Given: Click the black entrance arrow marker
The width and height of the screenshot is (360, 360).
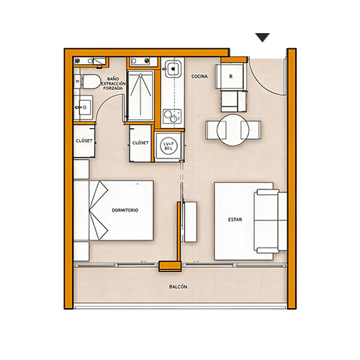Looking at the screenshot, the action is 262,37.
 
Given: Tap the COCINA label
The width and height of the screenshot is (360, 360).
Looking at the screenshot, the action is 199,76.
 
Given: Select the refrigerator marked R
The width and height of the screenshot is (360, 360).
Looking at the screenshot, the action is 230,76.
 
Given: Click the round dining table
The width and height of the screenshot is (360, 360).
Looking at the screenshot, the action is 233,130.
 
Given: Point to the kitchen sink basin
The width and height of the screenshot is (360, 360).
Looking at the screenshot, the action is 173,69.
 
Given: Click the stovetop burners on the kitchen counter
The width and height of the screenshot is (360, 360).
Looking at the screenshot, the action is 172,117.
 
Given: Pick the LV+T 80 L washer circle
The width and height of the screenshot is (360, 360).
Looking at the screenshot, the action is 168,146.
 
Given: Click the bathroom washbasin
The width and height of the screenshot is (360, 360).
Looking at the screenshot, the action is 83,107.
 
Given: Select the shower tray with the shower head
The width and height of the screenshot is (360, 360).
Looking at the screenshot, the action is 140,95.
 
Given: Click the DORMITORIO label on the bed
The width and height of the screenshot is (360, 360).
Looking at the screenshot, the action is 125,210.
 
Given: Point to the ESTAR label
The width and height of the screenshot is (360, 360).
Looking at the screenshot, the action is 235,220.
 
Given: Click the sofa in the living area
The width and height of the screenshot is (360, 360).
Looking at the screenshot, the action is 271,221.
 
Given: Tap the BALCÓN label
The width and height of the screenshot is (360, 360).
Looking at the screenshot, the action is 178,287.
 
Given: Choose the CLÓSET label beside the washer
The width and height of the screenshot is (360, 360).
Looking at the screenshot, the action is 140,143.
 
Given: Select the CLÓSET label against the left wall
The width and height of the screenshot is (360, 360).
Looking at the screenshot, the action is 84,140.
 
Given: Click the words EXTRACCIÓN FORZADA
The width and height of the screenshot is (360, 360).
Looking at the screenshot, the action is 113,86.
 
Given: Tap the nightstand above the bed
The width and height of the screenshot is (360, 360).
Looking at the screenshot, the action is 81,169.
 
